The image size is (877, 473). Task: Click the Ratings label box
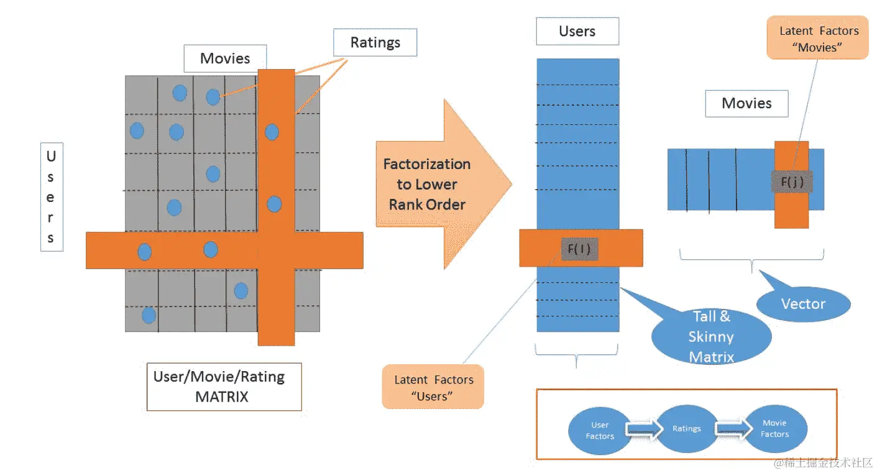click(375, 42)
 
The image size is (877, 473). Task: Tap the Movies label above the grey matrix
click(225, 58)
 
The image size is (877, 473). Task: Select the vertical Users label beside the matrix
click(52, 197)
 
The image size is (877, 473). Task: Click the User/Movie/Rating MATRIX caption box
click(224, 387)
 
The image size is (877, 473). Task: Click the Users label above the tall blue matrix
click(577, 31)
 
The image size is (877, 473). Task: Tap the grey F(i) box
click(579, 249)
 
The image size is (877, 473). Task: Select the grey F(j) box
click(792, 181)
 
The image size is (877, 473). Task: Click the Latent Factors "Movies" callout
click(818, 38)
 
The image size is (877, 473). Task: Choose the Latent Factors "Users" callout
click(433, 387)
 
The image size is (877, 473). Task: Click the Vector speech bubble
click(804, 303)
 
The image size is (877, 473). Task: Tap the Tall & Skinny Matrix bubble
click(712, 336)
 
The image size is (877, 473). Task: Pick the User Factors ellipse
click(599, 430)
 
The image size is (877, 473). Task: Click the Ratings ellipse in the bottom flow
click(687, 429)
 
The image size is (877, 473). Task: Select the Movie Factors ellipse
click(775, 429)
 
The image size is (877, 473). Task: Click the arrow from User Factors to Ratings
click(644, 429)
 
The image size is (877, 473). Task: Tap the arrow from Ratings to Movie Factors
click(733, 428)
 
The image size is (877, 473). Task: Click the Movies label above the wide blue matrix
click(746, 103)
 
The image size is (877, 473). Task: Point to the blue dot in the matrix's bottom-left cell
click(149, 315)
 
